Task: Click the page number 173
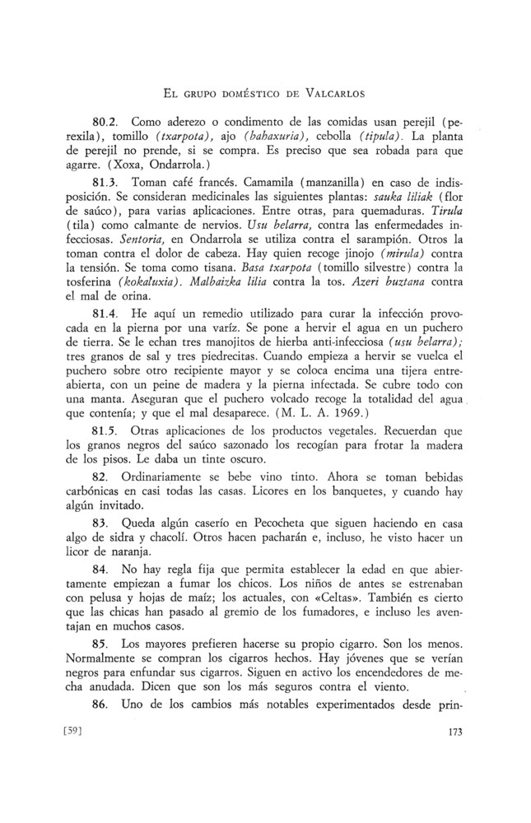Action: point(459,731)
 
